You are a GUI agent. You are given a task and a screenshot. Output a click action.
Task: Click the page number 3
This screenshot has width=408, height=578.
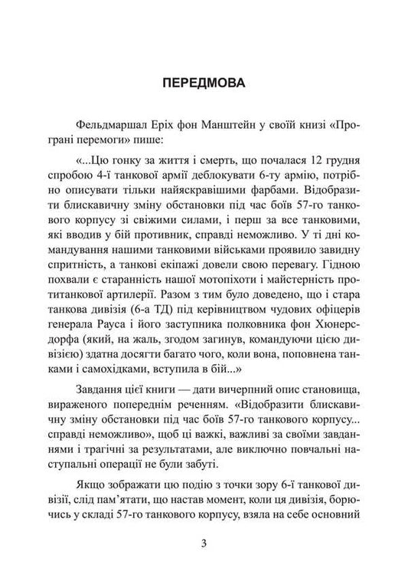tap(204, 544)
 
